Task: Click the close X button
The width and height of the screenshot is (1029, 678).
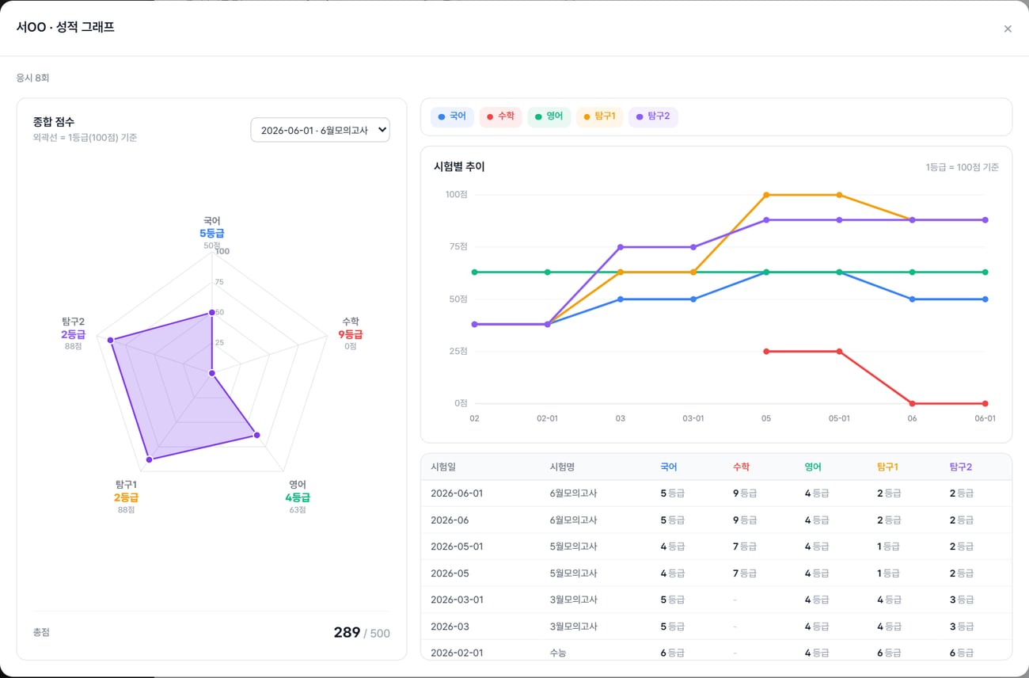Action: tap(1008, 29)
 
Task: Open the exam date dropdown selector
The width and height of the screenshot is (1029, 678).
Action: tap(321, 130)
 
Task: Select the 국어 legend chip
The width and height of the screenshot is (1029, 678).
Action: tap(452, 116)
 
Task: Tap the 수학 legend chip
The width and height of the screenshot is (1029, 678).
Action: tap(501, 116)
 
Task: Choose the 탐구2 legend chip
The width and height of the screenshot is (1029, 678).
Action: tap(653, 116)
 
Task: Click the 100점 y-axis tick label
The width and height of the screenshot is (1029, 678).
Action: tap(456, 194)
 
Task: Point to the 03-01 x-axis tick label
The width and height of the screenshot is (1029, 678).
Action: tap(693, 418)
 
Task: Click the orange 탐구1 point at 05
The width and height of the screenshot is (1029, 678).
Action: tap(766, 195)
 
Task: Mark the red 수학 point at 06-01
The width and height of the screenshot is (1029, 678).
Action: tap(985, 404)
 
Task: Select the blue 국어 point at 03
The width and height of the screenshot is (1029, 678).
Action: tap(620, 299)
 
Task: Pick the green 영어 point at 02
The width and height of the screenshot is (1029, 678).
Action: tap(475, 272)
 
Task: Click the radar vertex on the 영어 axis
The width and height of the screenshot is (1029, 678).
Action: tap(256, 435)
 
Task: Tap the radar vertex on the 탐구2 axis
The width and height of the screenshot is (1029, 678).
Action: tap(110, 340)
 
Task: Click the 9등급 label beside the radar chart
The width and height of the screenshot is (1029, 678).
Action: tap(351, 334)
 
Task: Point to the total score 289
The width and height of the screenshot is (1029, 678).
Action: tap(347, 633)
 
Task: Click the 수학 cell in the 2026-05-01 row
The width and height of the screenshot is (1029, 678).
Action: tap(745, 547)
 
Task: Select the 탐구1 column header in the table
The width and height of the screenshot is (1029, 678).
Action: tap(887, 467)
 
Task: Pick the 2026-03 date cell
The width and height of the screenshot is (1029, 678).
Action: tap(450, 627)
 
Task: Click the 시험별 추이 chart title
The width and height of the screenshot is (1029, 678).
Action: tap(459, 166)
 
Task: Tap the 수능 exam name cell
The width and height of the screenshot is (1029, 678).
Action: tap(558, 653)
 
